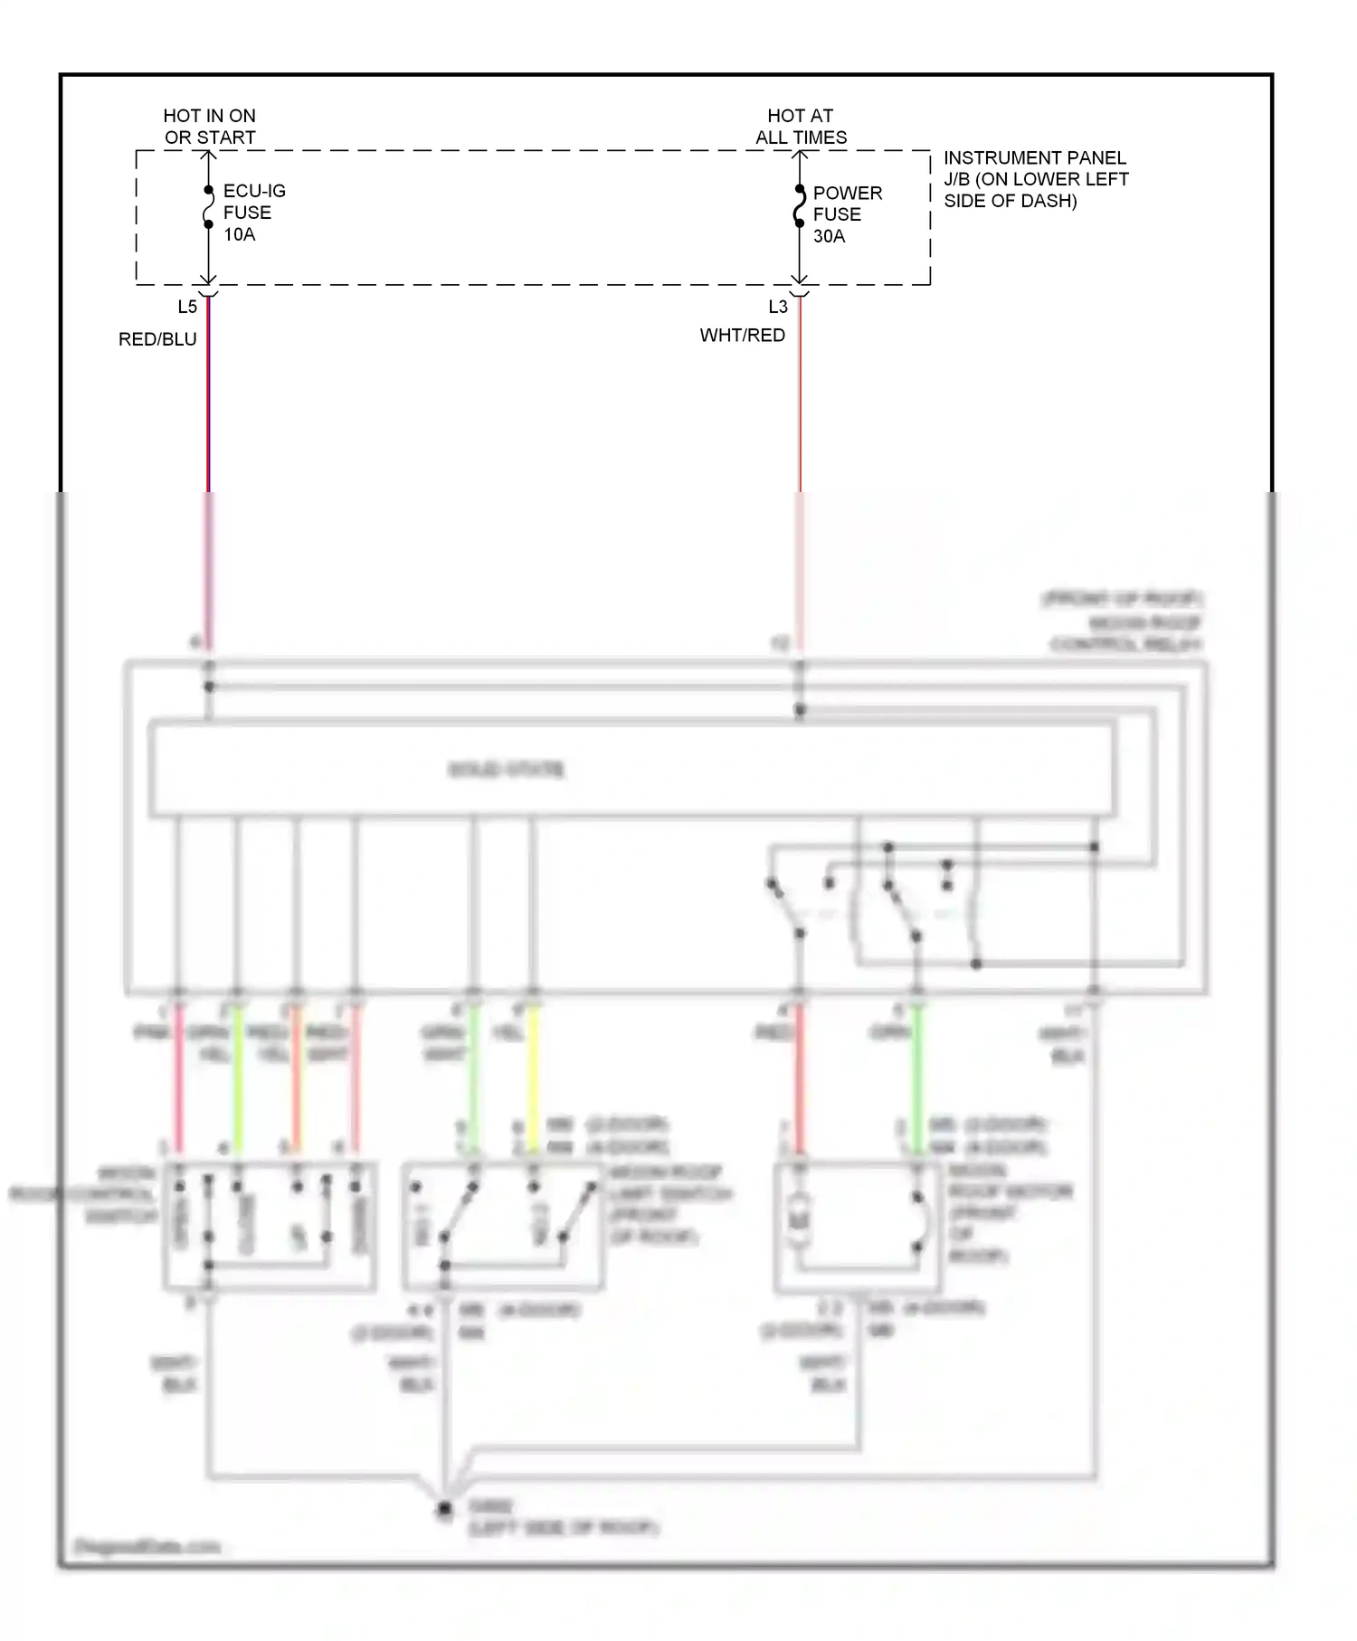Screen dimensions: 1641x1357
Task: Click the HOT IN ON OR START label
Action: coord(209,127)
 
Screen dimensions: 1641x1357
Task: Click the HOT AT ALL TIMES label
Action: coord(801,127)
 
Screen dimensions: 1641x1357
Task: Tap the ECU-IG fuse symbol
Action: coord(208,207)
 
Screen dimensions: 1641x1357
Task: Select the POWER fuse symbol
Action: coord(800,206)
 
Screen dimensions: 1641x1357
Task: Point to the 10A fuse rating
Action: coord(240,234)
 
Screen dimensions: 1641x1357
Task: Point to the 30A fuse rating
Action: coord(829,236)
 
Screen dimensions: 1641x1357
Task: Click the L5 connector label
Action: coord(186,307)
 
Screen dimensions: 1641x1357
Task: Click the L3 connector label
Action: coord(778,307)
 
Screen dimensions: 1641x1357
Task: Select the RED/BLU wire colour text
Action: coord(157,339)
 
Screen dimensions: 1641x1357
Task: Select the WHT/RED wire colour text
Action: coord(742,336)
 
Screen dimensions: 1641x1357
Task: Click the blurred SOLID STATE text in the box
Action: coord(507,770)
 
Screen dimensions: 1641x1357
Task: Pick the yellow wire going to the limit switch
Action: coord(533,1077)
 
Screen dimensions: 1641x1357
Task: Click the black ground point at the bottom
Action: coord(444,1509)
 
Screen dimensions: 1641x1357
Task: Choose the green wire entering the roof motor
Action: coord(916,1077)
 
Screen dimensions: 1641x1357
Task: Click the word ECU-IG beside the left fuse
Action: coord(254,191)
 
